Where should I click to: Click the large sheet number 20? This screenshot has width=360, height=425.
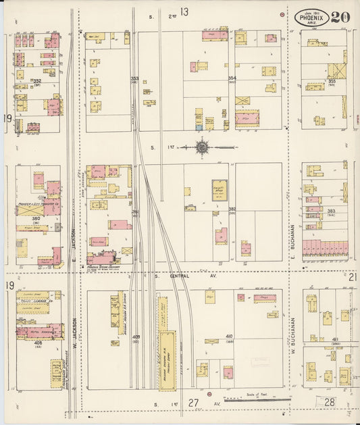340,17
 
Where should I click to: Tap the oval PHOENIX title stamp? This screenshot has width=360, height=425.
311,17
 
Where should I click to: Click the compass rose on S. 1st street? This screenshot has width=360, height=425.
202,146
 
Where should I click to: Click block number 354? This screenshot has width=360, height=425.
232,79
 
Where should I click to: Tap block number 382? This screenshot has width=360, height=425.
232,210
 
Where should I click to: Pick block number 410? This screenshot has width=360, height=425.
229,336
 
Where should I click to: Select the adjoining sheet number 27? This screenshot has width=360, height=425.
194,403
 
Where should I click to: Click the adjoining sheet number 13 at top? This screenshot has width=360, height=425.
184,11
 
